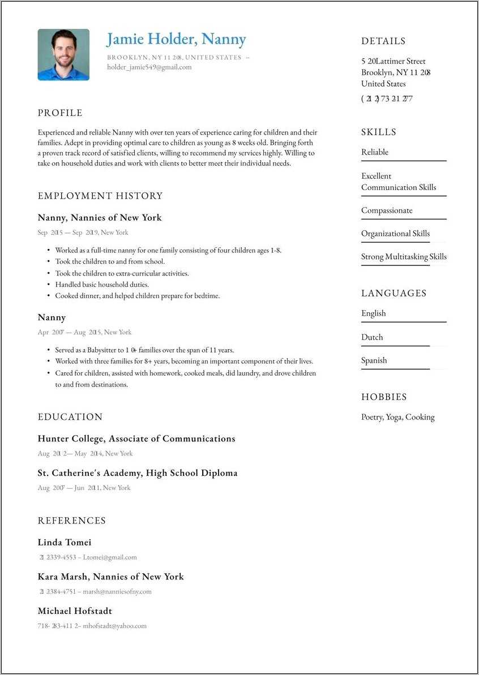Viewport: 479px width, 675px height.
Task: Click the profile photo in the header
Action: click(63, 55)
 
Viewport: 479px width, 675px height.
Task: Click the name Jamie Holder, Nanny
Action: click(176, 39)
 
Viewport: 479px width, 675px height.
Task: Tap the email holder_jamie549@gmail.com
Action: click(149, 67)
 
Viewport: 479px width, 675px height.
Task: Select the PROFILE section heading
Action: click(60, 113)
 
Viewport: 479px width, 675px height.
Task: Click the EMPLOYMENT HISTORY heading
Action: click(100, 196)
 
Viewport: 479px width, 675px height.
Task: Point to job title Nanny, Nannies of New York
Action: click(100, 217)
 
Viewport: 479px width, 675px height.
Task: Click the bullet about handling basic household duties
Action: click(102, 285)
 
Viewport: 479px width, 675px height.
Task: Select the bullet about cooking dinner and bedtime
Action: click(137, 296)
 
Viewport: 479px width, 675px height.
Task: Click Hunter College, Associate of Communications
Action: click(136, 438)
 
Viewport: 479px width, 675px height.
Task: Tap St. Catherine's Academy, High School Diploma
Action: click(138, 473)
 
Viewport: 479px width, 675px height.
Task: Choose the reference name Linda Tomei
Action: click(65, 543)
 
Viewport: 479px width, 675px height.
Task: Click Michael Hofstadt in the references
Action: click(75, 611)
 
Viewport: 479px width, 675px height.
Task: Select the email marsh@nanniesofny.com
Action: click(117, 592)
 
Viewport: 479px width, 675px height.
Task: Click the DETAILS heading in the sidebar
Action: click(383, 41)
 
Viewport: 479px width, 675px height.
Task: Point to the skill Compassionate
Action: click(387, 210)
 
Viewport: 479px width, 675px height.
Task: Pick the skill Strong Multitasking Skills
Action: click(404, 257)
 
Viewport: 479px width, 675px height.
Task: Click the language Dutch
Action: click(372, 337)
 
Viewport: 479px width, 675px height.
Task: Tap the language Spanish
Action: click(374, 360)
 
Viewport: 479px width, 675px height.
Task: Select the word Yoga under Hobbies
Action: click(394, 417)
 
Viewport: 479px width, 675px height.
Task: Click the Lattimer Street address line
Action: click(394, 61)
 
